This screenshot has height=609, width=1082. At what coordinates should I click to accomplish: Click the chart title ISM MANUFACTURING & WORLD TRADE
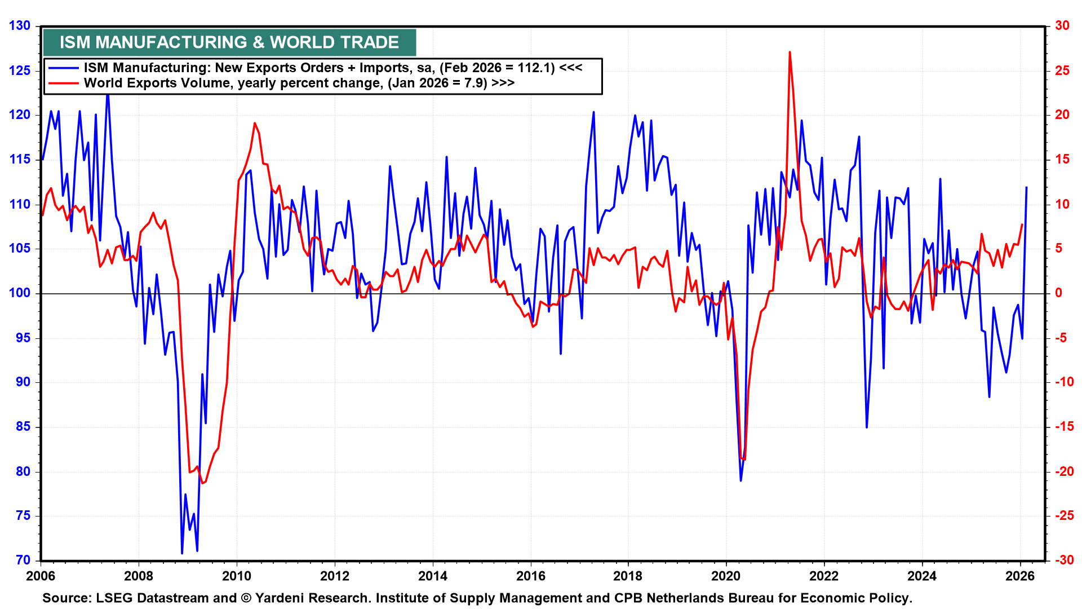point(229,42)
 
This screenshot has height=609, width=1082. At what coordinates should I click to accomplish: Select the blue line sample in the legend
point(63,68)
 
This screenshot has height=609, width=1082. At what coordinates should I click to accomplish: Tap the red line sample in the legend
point(63,83)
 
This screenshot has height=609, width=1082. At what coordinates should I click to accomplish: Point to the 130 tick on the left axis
point(20,26)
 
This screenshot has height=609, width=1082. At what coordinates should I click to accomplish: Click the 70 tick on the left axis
point(23,560)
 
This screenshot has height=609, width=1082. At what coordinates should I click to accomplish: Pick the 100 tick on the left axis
point(20,293)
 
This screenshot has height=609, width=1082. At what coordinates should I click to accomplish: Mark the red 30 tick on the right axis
point(1062,26)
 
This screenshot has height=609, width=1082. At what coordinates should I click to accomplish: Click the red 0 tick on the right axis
point(1058,293)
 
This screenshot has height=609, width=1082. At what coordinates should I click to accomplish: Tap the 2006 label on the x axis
point(41,576)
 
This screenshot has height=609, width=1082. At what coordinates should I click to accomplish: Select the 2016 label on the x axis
point(530,576)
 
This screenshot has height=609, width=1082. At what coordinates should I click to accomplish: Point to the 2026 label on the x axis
point(1020,576)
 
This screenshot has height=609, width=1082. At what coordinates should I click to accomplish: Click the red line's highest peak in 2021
point(790,52)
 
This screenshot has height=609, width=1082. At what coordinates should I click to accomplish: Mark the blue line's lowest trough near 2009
point(182,553)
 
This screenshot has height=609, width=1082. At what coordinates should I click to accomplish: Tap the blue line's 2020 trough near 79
point(740,480)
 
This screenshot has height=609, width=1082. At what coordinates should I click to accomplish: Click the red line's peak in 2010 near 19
point(255,123)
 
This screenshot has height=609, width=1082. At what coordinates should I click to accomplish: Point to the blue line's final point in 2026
point(1026,187)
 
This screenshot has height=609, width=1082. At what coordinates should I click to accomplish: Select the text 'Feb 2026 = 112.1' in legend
point(496,68)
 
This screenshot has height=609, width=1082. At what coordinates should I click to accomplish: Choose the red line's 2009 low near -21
point(202,483)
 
